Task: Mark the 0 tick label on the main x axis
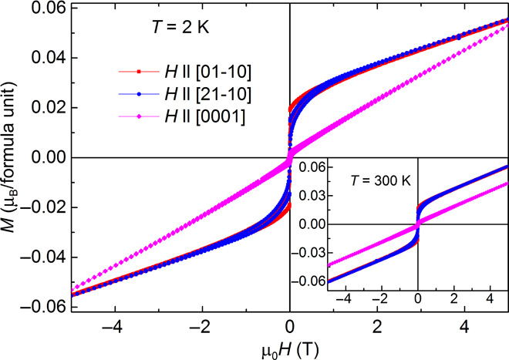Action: (289, 325)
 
